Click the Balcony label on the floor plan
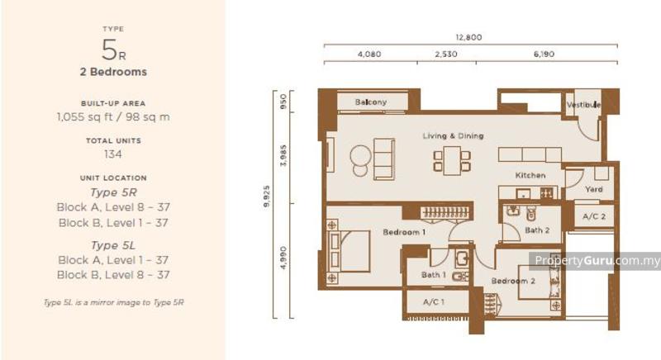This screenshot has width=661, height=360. coord(371,102)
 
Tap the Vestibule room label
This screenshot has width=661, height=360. coord(583,105)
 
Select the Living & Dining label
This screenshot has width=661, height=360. coord(453,135)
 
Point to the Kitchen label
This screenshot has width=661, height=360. coord(530,176)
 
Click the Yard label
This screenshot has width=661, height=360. coord(593,189)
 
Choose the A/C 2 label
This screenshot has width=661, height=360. coord(593,216)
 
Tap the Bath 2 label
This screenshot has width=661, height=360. coord(537,230)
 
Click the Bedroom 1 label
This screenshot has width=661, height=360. coord(404,232)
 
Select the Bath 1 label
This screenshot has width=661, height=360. coord(434,274)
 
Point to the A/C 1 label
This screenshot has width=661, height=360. coord(434,302)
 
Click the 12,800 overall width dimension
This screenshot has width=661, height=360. coord(468,37)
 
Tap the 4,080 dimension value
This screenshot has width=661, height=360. coord(369,54)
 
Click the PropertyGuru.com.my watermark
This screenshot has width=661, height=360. coord(597,261)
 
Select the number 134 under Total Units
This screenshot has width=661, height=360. coord(113,153)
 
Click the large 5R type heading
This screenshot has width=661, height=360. coord(113,50)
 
